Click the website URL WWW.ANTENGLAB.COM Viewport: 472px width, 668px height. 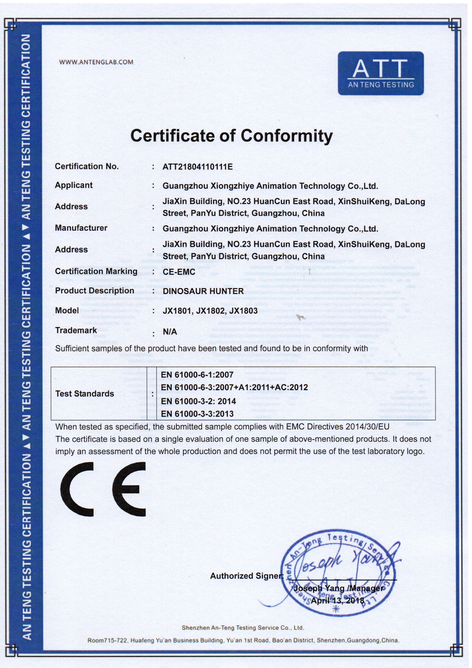(x=96, y=62)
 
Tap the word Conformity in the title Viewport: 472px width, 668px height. (x=287, y=136)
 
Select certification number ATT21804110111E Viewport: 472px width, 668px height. (x=197, y=167)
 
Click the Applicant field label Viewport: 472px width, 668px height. (x=74, y=185)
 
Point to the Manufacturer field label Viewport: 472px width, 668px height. (x=81, y=228)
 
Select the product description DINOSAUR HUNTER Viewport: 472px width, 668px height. (x=203, y=291)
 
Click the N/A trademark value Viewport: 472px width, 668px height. (x=170, y=332)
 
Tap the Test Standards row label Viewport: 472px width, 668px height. (x=85, y=394)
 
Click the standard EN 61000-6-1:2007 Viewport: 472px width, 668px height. (x=197, y=375)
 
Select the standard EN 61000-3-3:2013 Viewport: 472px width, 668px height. (x=197, y=414)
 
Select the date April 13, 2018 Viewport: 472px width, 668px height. (x=337, y=600)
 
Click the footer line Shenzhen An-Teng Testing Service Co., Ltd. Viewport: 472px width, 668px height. (x=243, y=628)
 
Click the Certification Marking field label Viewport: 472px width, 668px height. (x=96, y=271)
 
